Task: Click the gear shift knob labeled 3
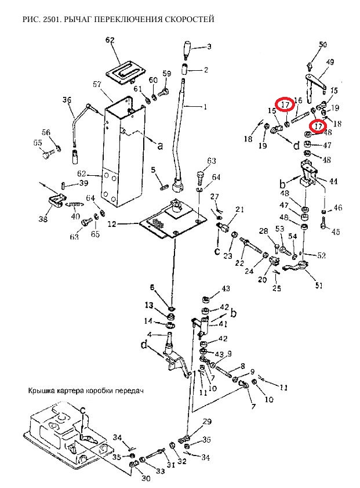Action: click(187, 49)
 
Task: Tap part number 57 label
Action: click(97, 84)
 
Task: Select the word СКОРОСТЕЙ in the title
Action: click(190, 19)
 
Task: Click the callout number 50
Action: click(323, 45)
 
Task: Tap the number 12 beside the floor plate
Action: click(112, 223)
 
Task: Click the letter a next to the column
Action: click(160, 145)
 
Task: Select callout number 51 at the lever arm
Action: click(319, 285)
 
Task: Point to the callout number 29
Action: click(208, 421)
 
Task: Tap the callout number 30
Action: click(146, 478)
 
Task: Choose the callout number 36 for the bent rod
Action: click(67, 100)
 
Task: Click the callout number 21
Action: click(239, 209)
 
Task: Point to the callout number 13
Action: click(149, 305)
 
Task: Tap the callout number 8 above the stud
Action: click(242, 366)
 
